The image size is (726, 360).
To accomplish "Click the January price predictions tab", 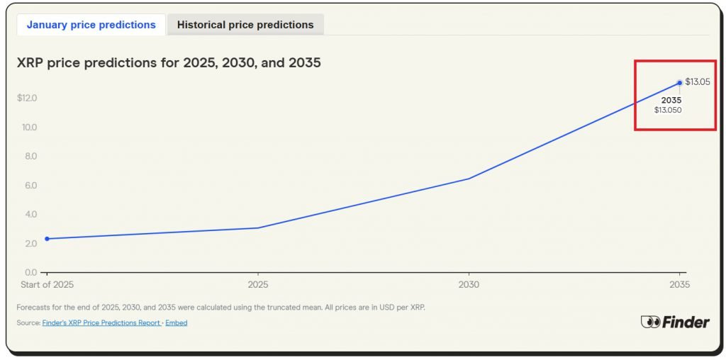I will pyautogui.click(x=91, y=25).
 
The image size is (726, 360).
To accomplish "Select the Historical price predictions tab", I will pyautogui.click(x=245, y=25).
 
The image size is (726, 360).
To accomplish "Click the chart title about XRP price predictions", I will pyautogui.click(x=169, y=63).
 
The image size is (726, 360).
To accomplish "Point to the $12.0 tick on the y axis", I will pyautogui.click(x=27, y=98).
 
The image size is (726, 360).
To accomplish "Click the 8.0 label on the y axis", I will pyautogui.click(x=30, y=157).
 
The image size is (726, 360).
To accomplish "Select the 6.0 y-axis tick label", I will pyautogui.click(x=30, y=186).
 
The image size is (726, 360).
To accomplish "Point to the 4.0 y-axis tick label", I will pyautogui.click(x=30, y=215).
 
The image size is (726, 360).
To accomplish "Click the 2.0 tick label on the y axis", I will pyautogui.click(x=30, y=244).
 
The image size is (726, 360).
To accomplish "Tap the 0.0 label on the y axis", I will pyautogui.click(x=30, y=273).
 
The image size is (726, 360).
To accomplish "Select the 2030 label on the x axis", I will pyautogui.click(x=469, y=285).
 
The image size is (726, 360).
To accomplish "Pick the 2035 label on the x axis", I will pyautogui.click(x=679, y=285).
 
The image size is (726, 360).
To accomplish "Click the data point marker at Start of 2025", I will pyautogui.click(x=47, y=239).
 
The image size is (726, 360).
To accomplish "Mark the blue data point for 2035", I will pyautogui.click(x=680, y=83).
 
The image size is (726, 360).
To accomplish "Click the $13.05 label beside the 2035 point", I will pyautogui.click(x=698, y=82).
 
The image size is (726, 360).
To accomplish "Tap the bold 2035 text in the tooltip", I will pyautogui.click(x=671, y=101).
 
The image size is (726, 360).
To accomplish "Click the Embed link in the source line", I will pyautogui.click(x=177, y=323).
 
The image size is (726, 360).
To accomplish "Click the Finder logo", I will pyautogui.click(x=674, y=322).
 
